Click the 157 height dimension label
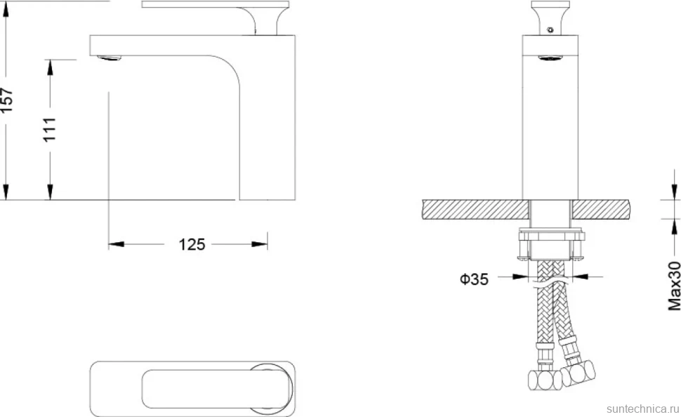8,100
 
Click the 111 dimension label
50,129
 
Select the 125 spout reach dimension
192,244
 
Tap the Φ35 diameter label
474,279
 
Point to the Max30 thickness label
674,286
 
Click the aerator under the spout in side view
110,58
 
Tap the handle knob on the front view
550,18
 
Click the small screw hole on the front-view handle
550,30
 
